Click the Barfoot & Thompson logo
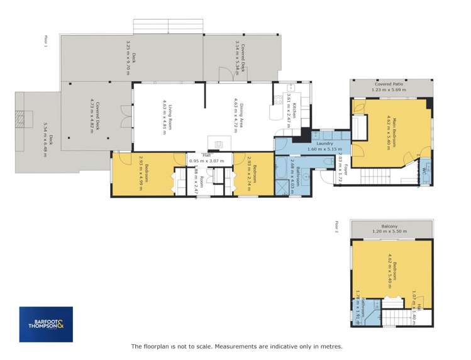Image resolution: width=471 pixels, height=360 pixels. [x=45, y=324]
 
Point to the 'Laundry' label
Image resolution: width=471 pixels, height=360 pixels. [x=324, y=144]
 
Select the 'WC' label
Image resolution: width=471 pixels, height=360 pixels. [x=426, y=170]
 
